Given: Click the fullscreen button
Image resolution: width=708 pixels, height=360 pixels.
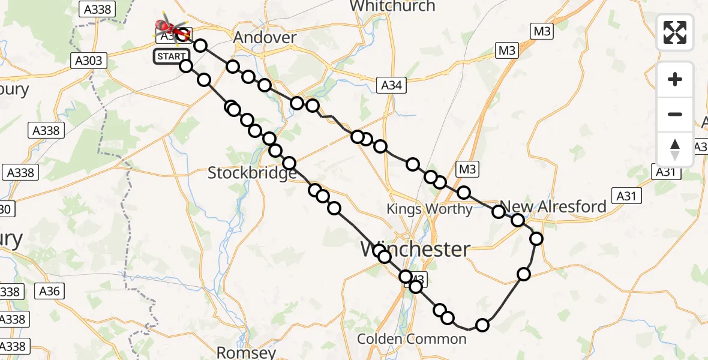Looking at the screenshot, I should point(675,32).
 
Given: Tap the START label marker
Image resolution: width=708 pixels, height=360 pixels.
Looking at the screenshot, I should point(171,57).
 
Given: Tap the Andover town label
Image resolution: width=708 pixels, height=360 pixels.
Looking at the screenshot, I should point(265,38).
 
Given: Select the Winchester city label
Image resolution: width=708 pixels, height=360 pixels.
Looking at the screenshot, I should point(415,249).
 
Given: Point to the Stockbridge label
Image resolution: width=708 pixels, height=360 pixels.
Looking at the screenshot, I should point(252,173).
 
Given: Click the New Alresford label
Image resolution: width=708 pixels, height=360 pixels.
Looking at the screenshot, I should point(553,207).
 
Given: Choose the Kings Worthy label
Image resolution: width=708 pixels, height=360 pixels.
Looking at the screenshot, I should point(430,209).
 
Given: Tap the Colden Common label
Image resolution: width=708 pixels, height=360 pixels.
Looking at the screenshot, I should point(412,339).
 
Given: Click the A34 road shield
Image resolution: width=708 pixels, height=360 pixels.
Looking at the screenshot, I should point(392,86).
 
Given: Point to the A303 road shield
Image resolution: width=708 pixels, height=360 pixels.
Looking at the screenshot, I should point(88,61).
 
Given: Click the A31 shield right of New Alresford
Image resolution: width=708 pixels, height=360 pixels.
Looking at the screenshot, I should point(627,195).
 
